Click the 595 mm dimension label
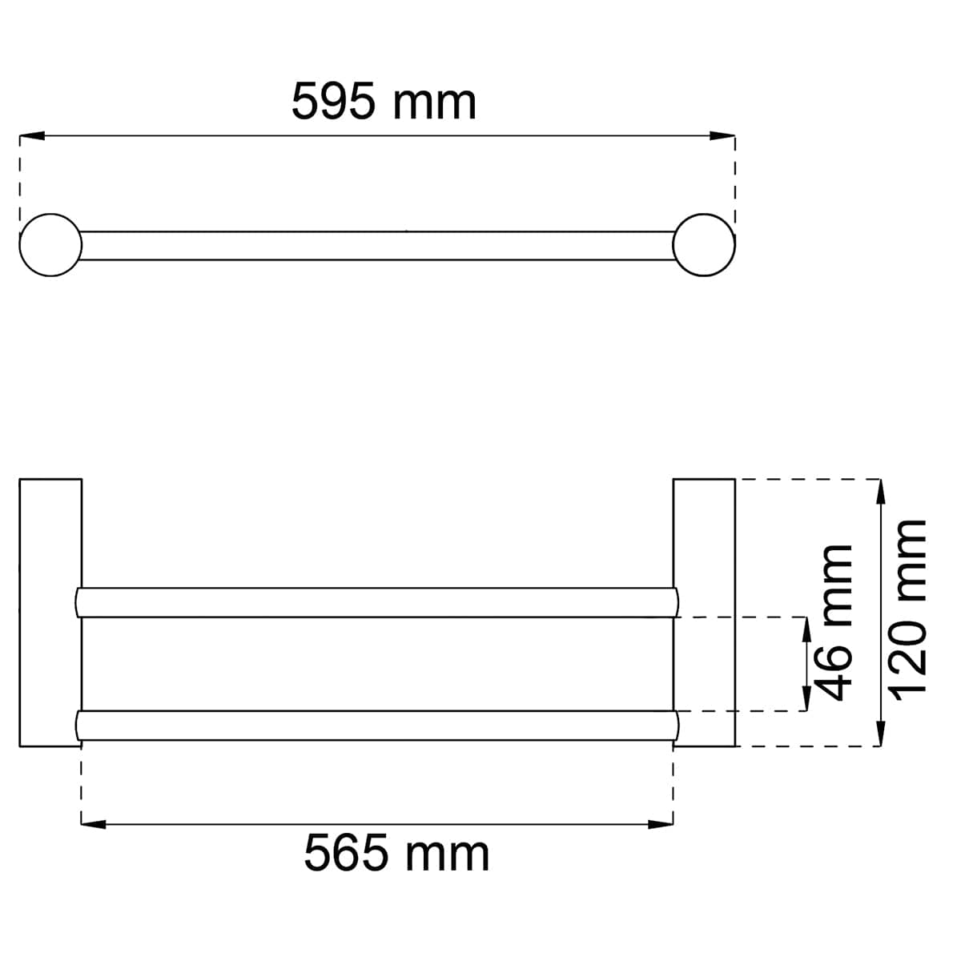pyautogui.click(x=384, y=101)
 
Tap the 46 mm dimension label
pyautogui.click(x=835, y=622)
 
